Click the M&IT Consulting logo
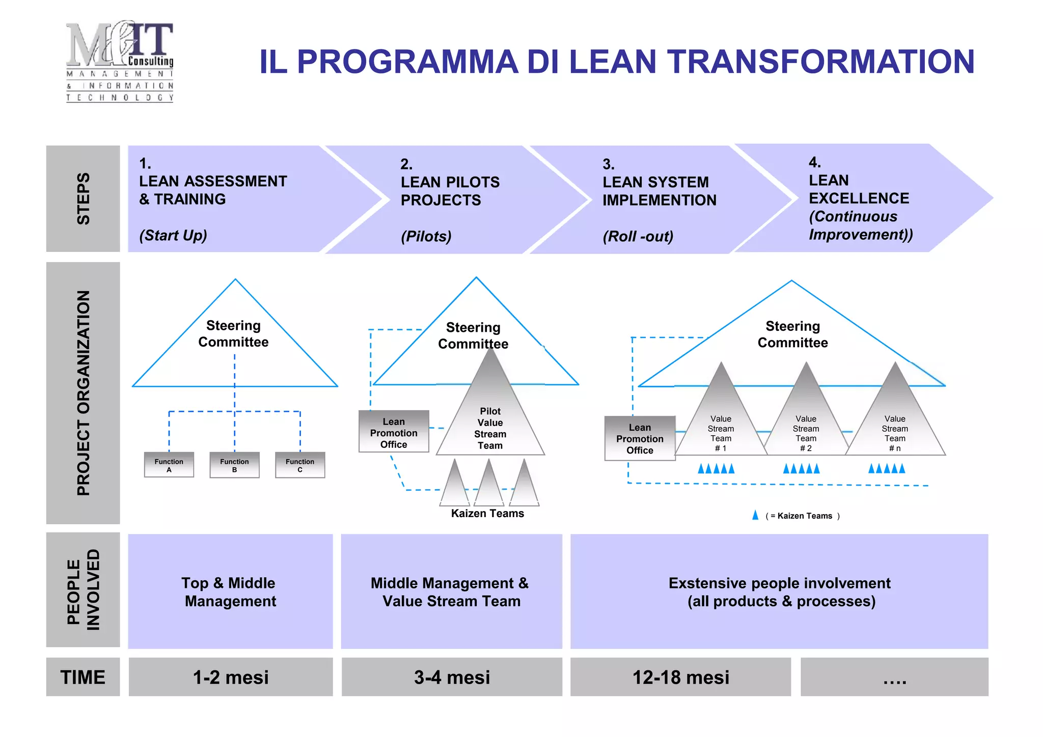click(120, 62)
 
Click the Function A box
click(169, 465)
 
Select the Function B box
click(234, 465)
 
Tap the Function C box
click(300, 465)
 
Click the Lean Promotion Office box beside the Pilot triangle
click(394, 432)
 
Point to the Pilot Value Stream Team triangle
click(490, 422)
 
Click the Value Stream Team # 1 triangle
click(721, 428)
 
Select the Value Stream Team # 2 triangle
click(806, 428)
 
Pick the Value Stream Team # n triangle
click(895, 428)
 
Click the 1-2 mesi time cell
click(231, 677)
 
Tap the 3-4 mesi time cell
click(452, 677)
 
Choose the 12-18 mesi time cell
click(680, 677)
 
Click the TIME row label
click(83, 677)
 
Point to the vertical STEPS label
click(83, 199)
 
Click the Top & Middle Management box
click(230, 591)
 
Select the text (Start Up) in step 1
click(173, 236)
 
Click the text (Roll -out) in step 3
click(638, 237)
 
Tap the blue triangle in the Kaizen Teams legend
click(755, 515)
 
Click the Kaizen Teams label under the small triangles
click(487, 514)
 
